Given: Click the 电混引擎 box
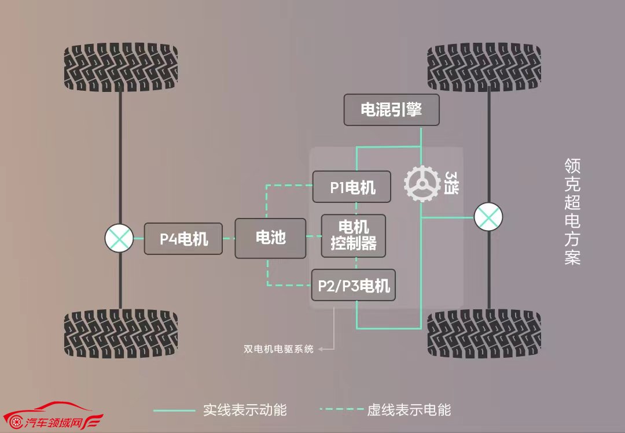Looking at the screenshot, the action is click(391, 110).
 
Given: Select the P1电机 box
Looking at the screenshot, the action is click(352, 187).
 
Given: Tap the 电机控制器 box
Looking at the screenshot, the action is click(354, 236).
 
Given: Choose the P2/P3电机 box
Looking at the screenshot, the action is click(354, 285).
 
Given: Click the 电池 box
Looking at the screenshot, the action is click(271, 238).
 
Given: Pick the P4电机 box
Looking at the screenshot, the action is click(183, 239).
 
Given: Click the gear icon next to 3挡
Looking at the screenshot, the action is click(422, 184).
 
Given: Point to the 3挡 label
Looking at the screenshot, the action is click(451, 183).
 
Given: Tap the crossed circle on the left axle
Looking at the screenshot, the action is click(119, 238).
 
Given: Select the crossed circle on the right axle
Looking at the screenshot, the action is click(488, 217).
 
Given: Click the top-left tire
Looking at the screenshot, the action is click(121, 67).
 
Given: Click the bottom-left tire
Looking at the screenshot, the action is click(121, 334).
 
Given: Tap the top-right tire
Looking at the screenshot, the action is click(484, 67).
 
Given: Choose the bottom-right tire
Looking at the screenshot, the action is click(484, 334).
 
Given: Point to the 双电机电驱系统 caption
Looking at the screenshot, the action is click(278, 349).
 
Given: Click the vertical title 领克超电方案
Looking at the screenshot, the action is click(572, 212).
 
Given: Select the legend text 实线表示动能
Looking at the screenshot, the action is click(245, 410).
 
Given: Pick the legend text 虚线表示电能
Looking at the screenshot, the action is click(409, 410).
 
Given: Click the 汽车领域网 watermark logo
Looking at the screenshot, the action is click(53, 416).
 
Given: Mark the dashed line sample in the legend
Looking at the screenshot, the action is click(341, 409).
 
